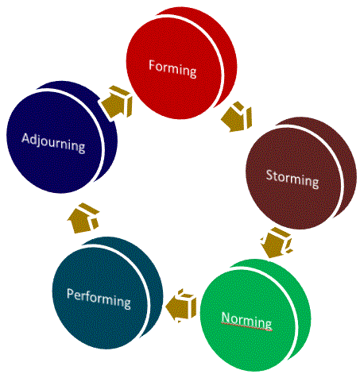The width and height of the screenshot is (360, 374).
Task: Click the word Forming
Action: point(172,69)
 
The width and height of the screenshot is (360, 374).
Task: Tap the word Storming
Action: point(292,179)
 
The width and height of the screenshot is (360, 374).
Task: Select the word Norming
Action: point(246,321)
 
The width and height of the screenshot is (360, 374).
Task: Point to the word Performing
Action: point(99,299)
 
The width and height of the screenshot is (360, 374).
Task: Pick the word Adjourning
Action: point(53,143)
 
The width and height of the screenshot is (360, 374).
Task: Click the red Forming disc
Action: point(181,63)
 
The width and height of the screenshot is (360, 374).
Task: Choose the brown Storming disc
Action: point(301,173)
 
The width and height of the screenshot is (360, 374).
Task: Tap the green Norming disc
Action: point(255,315)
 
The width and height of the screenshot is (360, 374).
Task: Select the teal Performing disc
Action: point(107,293)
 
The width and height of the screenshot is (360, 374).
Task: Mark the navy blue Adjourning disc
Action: point(61,137)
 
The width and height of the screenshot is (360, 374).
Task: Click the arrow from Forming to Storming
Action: point(237,117)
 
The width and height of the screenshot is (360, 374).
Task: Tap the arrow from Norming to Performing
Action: point(181,305)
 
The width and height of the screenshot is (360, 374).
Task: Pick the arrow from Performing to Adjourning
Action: point(83,218)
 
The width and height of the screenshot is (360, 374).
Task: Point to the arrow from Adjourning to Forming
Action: point(117,102)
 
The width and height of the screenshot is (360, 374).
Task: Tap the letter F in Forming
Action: point(152,65)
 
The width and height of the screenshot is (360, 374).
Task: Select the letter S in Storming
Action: point(269,175)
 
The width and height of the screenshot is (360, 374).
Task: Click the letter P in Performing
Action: point(70,294)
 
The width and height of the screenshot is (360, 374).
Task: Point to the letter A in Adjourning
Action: point(26,138)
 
